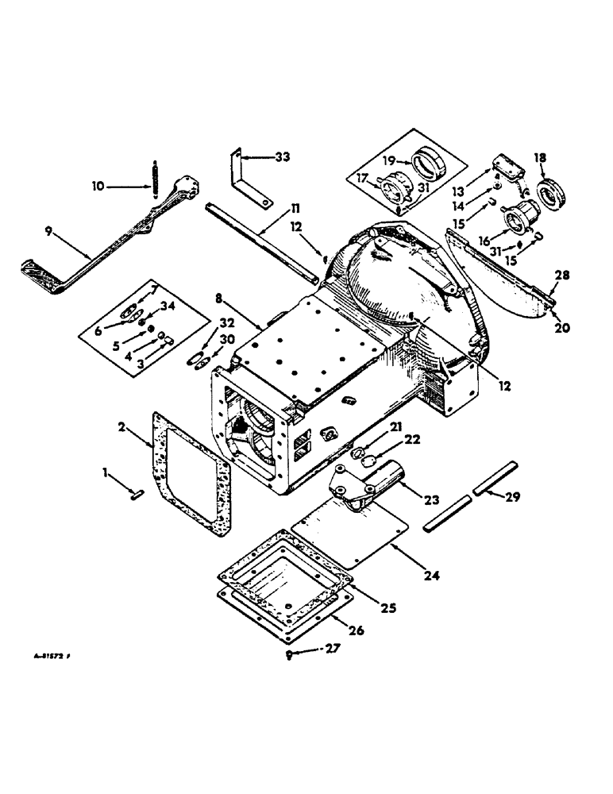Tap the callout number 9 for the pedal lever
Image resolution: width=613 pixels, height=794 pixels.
tap(51, 233)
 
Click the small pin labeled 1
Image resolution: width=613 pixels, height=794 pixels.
tap(136, 496)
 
